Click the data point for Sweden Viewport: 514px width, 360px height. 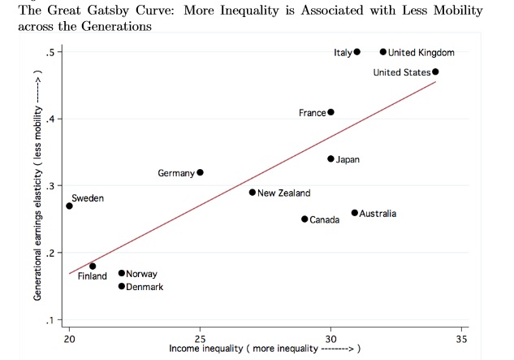click(70, 206)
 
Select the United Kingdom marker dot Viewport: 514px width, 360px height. click(383, 52)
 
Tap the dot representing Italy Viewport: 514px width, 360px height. click(357, 52)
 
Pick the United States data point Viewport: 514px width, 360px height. click(436, 72)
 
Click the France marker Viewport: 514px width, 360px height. click(330, 112)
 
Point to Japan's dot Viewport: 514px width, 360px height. click(330, 158)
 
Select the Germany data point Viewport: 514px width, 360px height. click(201, 172)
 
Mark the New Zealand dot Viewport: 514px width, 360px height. click(253, 193)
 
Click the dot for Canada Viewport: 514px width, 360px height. click(305, 219)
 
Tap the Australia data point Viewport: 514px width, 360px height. click(355, 213)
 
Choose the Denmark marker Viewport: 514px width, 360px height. click(122, 286)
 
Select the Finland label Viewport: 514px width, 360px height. click(92, 276)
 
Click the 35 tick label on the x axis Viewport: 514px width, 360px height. click(462, 337)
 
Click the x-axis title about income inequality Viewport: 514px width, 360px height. click(264, 349)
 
